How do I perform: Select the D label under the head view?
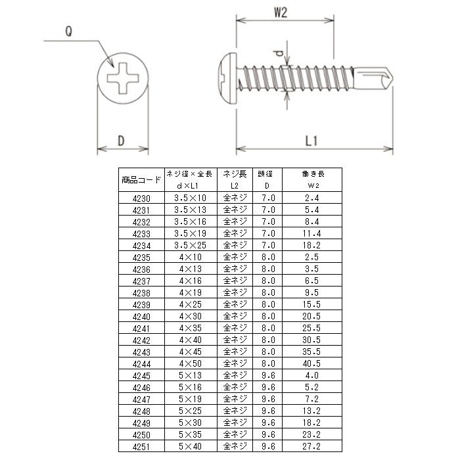click(122, 140)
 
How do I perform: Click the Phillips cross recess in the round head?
click(122, 80)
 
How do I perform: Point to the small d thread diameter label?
click(279, 53)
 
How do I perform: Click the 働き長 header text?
click(312, 174)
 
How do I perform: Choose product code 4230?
click(141, 198)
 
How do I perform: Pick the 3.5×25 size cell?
click(190, 245)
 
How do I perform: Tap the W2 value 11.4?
click(312, 233)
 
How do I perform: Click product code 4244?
click(141, 363)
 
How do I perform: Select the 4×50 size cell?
click(190, 363)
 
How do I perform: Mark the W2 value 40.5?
click(312, 363)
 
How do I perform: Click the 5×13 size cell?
click(190, 375)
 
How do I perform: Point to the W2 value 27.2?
click(312, 446)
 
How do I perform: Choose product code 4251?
click(141, 446)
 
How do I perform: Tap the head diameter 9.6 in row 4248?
click(267, 411)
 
